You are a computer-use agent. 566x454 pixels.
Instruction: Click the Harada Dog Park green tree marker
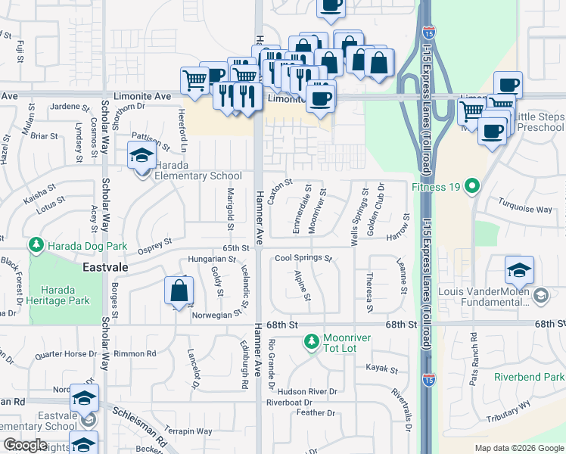[36, 246]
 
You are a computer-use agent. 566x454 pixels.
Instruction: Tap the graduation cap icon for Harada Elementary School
[141, 156]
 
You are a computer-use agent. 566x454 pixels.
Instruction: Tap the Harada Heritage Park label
[65, 294]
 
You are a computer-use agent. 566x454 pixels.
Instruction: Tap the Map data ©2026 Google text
[518, 448]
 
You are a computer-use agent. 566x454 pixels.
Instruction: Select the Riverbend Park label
[529, 377]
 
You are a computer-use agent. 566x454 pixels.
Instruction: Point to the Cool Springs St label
[303, 258]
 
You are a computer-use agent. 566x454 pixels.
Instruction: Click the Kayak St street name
[381, 369]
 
